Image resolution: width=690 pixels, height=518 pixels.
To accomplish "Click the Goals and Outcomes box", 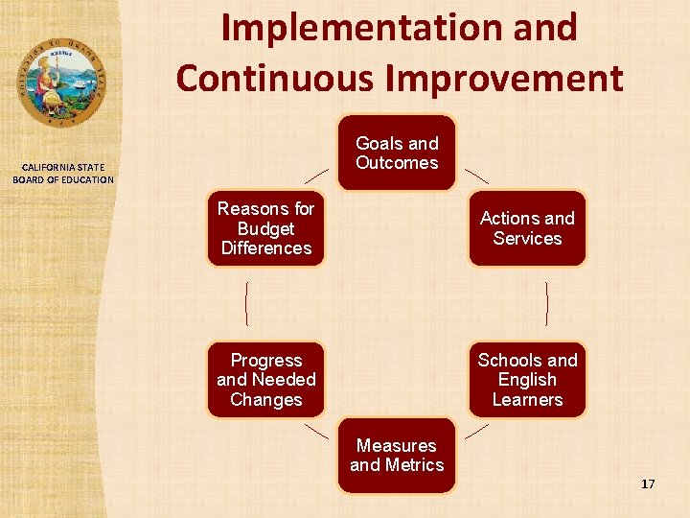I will pos(397,153).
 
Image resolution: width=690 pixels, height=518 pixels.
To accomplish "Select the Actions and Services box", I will pos(527,228).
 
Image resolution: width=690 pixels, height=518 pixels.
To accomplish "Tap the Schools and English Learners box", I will pos(527,380).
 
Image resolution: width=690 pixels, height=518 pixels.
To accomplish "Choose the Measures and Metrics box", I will pos(397,456).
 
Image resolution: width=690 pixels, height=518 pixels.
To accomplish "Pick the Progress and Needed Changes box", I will pos(265,380).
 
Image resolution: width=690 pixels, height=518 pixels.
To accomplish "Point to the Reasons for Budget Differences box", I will pos(265,228).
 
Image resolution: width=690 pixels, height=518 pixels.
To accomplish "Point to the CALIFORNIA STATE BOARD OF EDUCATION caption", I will pos(63,174).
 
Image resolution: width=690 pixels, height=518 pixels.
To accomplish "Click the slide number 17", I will pos(648,484).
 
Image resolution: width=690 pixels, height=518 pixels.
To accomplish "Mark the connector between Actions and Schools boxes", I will pos(547,304).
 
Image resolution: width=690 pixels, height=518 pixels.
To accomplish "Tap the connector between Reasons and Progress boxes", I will pos(246,304).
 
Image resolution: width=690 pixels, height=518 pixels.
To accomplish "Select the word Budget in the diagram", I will pos(265,228).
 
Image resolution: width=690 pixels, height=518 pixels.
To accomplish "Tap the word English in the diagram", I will pos(527,380).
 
